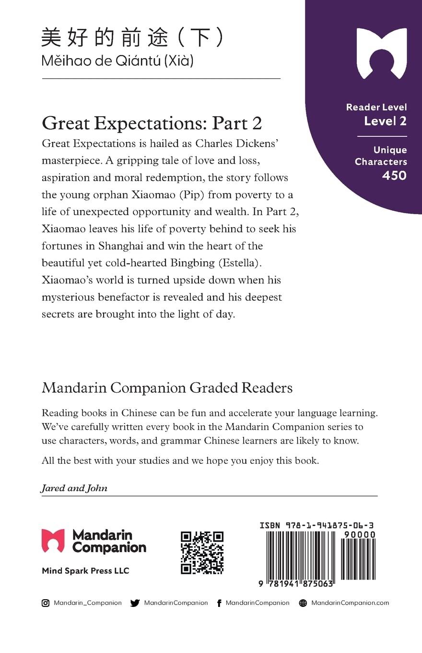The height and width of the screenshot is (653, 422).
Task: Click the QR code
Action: point(202,553)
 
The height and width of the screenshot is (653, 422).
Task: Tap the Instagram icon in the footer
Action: point(46,603)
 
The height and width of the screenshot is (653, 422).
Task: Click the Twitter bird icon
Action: point(135,603)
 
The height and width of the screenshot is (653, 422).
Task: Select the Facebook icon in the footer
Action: point(219,603)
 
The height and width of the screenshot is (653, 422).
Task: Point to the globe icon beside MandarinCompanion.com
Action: point(303,603)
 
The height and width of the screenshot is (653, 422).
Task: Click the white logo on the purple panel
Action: point(382,53)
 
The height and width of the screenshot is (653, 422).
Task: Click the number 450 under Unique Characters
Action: point(394,176)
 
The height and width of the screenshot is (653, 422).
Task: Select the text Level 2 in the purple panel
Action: point(385,121)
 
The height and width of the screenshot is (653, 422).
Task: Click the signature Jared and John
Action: point(74,488)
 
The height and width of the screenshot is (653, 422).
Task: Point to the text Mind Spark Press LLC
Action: point(85,571)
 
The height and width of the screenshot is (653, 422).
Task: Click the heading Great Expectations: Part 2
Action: point(152,123)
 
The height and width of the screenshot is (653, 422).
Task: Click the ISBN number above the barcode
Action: point(317,526)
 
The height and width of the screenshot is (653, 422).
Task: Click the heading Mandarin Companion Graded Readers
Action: point(167,387)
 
